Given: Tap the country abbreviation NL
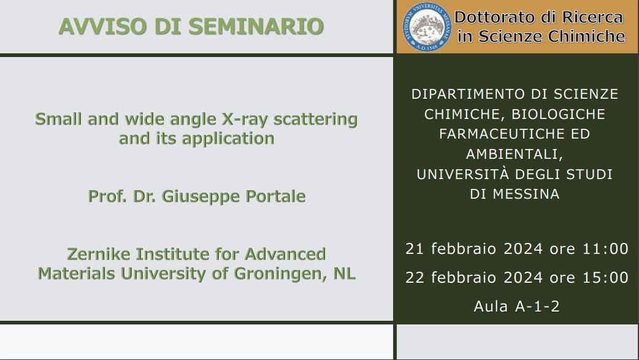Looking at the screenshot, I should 345,273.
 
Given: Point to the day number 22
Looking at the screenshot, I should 415,278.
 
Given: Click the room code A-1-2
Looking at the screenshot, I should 537,307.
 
